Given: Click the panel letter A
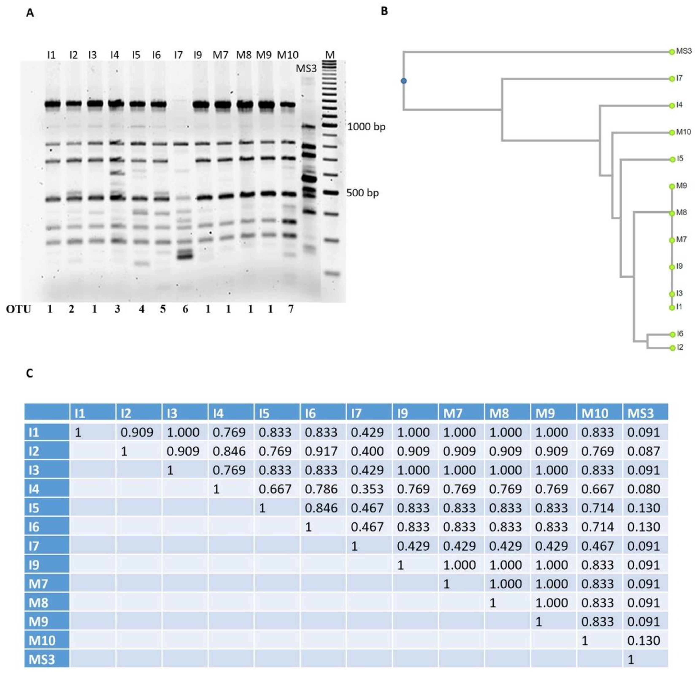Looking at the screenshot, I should [30, 14].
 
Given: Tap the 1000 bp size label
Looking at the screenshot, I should [366, 127].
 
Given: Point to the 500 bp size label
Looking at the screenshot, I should [362, 193].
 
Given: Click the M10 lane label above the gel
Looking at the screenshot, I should [288, 55].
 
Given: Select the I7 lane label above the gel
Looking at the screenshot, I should [178, 55].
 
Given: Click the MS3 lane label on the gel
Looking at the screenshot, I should [306, 68].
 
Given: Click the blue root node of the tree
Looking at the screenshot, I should [404, 81].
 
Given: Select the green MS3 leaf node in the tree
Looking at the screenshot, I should [672, 52].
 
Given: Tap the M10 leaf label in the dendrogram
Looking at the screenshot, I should [683, 132].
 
